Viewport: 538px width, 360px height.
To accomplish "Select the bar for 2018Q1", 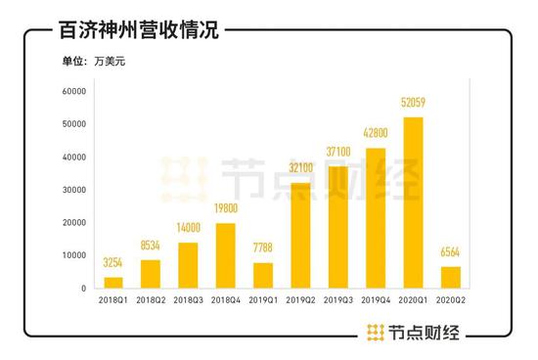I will pyautogui.click(x=113, y=283).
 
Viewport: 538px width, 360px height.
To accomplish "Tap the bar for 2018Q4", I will pyautogui.click(x=224, y=256).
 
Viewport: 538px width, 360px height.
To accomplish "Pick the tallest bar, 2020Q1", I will pyautogui.click(x=412, y=202).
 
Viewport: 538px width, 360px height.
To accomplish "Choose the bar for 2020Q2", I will pyautogui.click(x=450, y=278).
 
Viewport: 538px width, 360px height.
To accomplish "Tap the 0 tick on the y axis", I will pyautogui.click(x=85, y=289).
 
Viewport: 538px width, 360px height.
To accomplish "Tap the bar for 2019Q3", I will pyautogui.click(x=337, y=227).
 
